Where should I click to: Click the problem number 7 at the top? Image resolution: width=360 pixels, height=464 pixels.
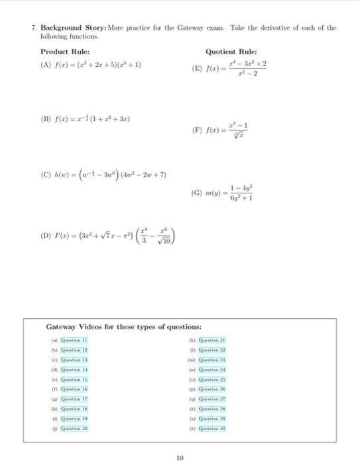(x=33, y=28)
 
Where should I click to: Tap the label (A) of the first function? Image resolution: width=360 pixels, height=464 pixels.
(x=46, y=65)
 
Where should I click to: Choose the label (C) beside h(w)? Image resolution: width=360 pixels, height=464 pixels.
(x=46, y=176)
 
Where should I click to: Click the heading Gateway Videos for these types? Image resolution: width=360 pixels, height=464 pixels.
(x=124, y=327)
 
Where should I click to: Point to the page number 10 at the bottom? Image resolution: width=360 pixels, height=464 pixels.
(x=180, y=457)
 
